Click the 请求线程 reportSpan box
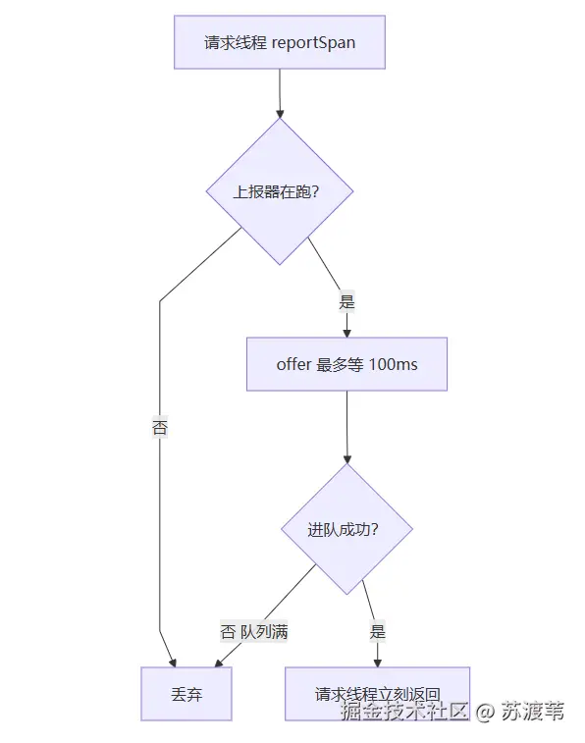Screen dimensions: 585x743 [x=280, y=42]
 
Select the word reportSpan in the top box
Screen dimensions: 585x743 [x=313, y=42]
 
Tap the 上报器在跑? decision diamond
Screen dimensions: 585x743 [x=280, y=191]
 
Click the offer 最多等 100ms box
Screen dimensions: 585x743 [x=346, y=364]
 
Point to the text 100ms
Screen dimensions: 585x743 [x=394, y=364]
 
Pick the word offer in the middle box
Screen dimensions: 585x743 [x=293, y=364]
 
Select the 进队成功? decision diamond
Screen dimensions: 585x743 [x=346, y=529]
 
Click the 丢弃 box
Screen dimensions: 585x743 [x=186, y=694]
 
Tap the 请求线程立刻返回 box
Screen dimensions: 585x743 [x=378, y=694]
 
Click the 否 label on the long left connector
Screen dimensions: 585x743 [x=160, y=427]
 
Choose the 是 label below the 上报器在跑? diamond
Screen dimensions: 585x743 [x=346, y=302]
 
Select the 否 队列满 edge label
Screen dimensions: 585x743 [x=254, y=632]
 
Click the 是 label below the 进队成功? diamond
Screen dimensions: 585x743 [x=378, y=632]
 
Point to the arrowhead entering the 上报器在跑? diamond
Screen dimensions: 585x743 [x=280, y=114]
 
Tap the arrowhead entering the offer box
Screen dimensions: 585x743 [x=346, y=334]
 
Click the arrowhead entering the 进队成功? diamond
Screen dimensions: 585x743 [x=347, y=459]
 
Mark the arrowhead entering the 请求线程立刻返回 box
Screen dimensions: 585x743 [x=378, y=663]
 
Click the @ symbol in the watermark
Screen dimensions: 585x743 [x=485, y=712]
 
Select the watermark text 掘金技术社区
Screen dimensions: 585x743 [x=405, y=712]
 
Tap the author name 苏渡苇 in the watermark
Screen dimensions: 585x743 [x=533, y=712]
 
